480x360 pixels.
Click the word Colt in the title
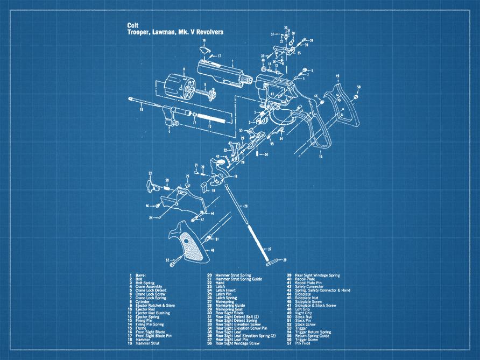click(132, 25)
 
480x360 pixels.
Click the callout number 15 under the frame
click(320, 157)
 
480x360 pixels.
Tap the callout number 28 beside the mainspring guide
click(246, 206)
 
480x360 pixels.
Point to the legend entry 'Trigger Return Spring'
click(313, 332)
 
